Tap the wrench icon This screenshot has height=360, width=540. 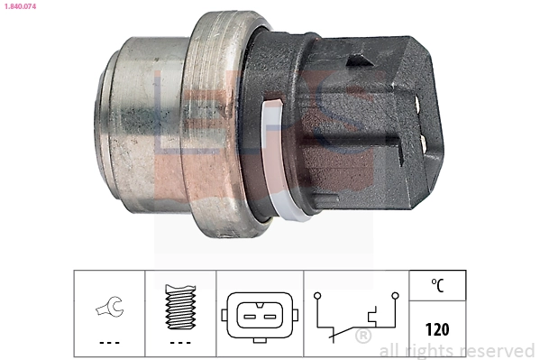coord(108,309)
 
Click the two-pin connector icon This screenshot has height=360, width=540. coord(260,317)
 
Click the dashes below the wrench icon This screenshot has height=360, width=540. coord(108,344)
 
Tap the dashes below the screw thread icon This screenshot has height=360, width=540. coord(181,344)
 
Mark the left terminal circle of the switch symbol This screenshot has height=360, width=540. coord(317,294)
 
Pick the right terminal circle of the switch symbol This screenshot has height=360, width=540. coord(394,294)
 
